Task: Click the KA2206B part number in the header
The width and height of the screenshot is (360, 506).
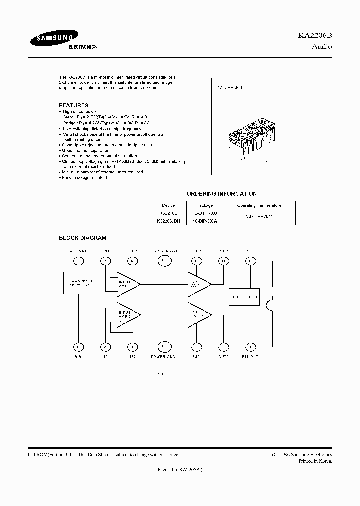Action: (315, 37)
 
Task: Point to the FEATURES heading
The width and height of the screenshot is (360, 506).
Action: (74, 105)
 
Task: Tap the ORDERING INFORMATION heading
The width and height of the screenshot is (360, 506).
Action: (222, 194)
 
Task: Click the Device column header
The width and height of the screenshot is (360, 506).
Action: (168, 205)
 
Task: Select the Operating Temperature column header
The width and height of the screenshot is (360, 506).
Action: (259, 205)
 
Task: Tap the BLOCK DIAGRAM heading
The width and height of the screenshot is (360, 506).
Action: (83, 238)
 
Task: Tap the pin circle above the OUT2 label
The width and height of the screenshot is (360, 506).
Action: (223, 346)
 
